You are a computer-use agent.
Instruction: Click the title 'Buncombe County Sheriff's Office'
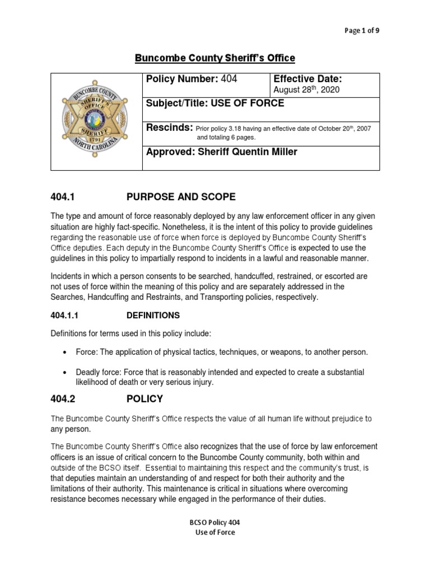coord(215,58)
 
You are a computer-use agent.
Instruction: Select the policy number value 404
coord(229,79)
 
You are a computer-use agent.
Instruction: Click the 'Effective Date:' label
coord(307,79)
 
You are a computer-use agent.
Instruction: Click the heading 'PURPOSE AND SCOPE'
coord(181,197)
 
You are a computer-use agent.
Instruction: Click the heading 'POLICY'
coord(144,399)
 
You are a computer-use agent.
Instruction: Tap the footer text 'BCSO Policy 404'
coord(214,522)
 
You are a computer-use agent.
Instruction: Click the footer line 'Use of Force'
coord(214,532)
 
